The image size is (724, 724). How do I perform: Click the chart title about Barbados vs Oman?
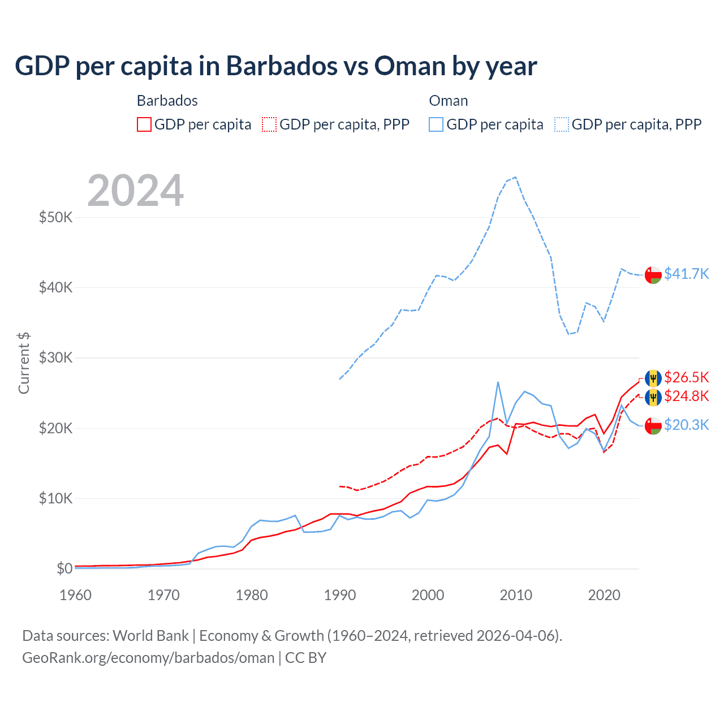tap(276, 66)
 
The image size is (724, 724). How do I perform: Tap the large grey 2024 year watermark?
tap(136, 191)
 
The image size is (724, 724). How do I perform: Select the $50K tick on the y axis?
tap(55, 217)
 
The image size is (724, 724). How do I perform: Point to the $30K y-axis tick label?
tap(55, 357)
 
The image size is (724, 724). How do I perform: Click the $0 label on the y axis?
tap(64, 568)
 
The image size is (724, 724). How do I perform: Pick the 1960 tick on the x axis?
tap(75, 595)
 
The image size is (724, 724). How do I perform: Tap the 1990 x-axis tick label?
tap(340, 595)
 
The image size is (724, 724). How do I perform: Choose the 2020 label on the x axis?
tap(604, 595)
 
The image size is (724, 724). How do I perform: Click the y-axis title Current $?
tap(24, 363)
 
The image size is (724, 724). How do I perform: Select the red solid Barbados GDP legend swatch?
tap(144, 124)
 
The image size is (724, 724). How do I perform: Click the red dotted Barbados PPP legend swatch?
tap(270, 124)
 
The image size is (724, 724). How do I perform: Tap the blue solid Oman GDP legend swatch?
tap(436, 124)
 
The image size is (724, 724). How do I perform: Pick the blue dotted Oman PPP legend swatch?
tap(562, 124)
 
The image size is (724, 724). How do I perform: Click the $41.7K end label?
tap(686, 274)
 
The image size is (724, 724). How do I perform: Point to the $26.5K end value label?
tap(686, 377)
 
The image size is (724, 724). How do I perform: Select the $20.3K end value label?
tap(686, 425)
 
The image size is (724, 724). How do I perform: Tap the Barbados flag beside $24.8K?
tap(653, 397)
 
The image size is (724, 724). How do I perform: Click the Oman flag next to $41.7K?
tap(653, 275)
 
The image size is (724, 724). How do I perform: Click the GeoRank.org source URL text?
tap(148, 658)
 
